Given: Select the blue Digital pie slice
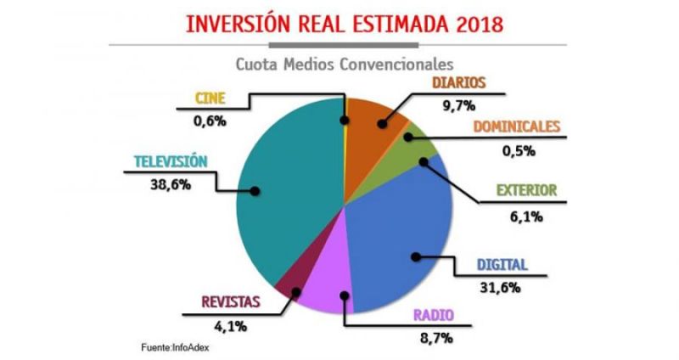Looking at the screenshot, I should [399, 238].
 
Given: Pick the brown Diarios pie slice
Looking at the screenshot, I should [373, 123].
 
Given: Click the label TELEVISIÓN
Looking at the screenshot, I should [170, 160].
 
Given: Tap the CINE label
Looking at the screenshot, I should [210, 98].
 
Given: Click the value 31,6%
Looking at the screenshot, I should [500, 287].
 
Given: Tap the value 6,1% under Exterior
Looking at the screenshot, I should [526, 216].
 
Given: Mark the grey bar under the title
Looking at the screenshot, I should [339, 44].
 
